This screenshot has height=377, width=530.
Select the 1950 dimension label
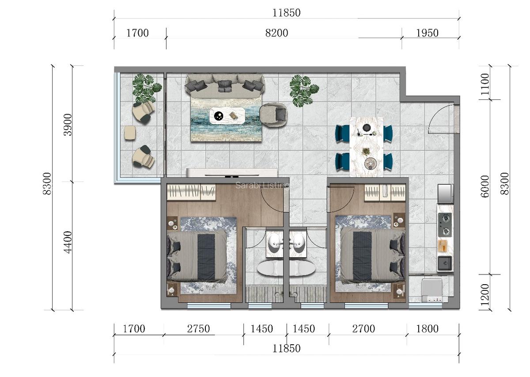click(x=427, y=33)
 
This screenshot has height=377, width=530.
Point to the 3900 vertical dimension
click(x=67, y=125)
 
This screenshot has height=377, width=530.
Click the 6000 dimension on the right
click(x=485, y=186)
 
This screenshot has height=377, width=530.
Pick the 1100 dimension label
click(x=485, y=82)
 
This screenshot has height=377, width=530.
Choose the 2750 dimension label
click(x=198, y=329)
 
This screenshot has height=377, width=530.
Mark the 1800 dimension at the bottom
click(x=427, y=329)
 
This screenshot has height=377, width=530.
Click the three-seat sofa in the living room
click(x=225, y=84)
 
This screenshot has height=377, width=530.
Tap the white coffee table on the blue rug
click(x=227, y=116)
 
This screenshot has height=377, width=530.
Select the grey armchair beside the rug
click(x=273, y=114)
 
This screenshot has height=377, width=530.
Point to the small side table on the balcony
click(x=129, y=133)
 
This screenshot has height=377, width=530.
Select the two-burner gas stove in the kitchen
click(x=445, y=225)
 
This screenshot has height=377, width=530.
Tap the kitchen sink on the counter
click(x=445, y=263)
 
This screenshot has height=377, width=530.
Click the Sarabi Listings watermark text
click(x=262, y=185)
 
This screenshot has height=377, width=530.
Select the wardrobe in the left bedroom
click(x=191, y=192)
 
